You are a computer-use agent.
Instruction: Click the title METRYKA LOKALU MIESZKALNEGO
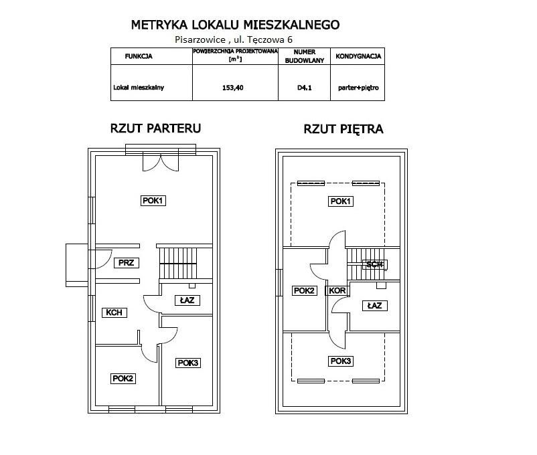[x=235, y=25]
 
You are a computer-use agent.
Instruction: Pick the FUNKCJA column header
[x=139, y=56]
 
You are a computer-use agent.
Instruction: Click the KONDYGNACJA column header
[x=358, y=56]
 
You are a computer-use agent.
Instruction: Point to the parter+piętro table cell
[x=358, y=87]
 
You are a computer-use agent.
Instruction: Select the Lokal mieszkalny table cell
[x=139, y=87]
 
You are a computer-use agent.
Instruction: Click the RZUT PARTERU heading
[x=155, y=128]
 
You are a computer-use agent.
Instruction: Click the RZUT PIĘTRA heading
[x=343, y=129]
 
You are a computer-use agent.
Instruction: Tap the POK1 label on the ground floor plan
[x=153, y=200]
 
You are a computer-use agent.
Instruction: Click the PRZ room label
[x=126, y=263]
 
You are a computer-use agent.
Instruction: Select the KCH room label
[x=112, y=312]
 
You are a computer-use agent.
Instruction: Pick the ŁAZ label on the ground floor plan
[x=187, y=300]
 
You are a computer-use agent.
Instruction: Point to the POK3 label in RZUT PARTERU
[x=188, y=363]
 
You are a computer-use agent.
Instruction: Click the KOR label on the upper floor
[x=336, y=291]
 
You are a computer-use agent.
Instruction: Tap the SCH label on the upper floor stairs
[x=374, y=264]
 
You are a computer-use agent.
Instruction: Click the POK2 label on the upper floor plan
[x=305, y=290]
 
